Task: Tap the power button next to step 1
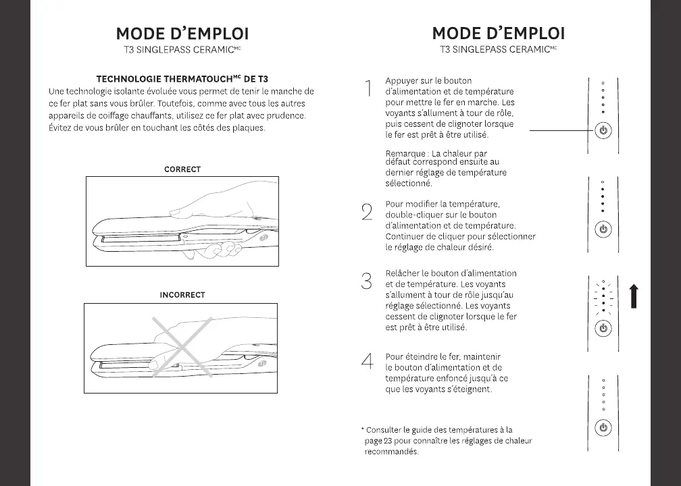tap(604, 130)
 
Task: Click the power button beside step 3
tap(604, 329)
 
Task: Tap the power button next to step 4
tap(604, 428)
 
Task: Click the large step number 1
tap(368, 88)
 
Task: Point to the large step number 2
tap(367, 212)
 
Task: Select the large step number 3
tap(367, 281)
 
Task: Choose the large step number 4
tap(367, 361)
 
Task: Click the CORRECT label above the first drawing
tap(182, 169)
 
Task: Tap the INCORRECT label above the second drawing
tap(182, 295)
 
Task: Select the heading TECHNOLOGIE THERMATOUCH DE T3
tap(182, 80)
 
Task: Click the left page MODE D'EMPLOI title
tap(182, 34)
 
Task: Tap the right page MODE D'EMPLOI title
tap(498, 34)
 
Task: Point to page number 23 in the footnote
tap(388, 441)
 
